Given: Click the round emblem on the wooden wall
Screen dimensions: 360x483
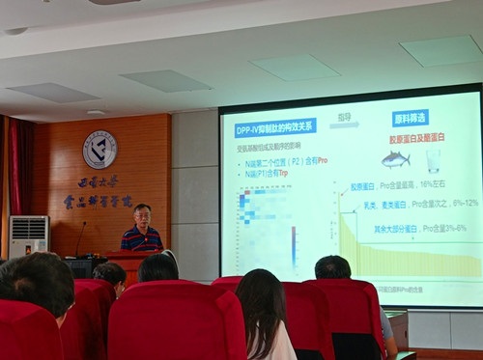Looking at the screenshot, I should (99, 149).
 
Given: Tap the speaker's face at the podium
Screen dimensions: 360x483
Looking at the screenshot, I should (142, 215).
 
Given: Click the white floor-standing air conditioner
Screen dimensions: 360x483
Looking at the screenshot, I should (28, 236).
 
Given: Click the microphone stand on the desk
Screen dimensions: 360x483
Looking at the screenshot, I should (80, 239).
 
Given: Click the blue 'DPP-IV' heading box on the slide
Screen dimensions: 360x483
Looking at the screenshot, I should (275, 128).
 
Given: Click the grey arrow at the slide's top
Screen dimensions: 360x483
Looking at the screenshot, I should (344, 124).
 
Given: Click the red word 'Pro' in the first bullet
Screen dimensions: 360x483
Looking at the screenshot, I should (323, 160).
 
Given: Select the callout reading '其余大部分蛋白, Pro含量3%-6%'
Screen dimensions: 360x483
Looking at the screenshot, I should (413, 229).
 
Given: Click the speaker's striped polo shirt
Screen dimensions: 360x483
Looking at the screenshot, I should (142, 238).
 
